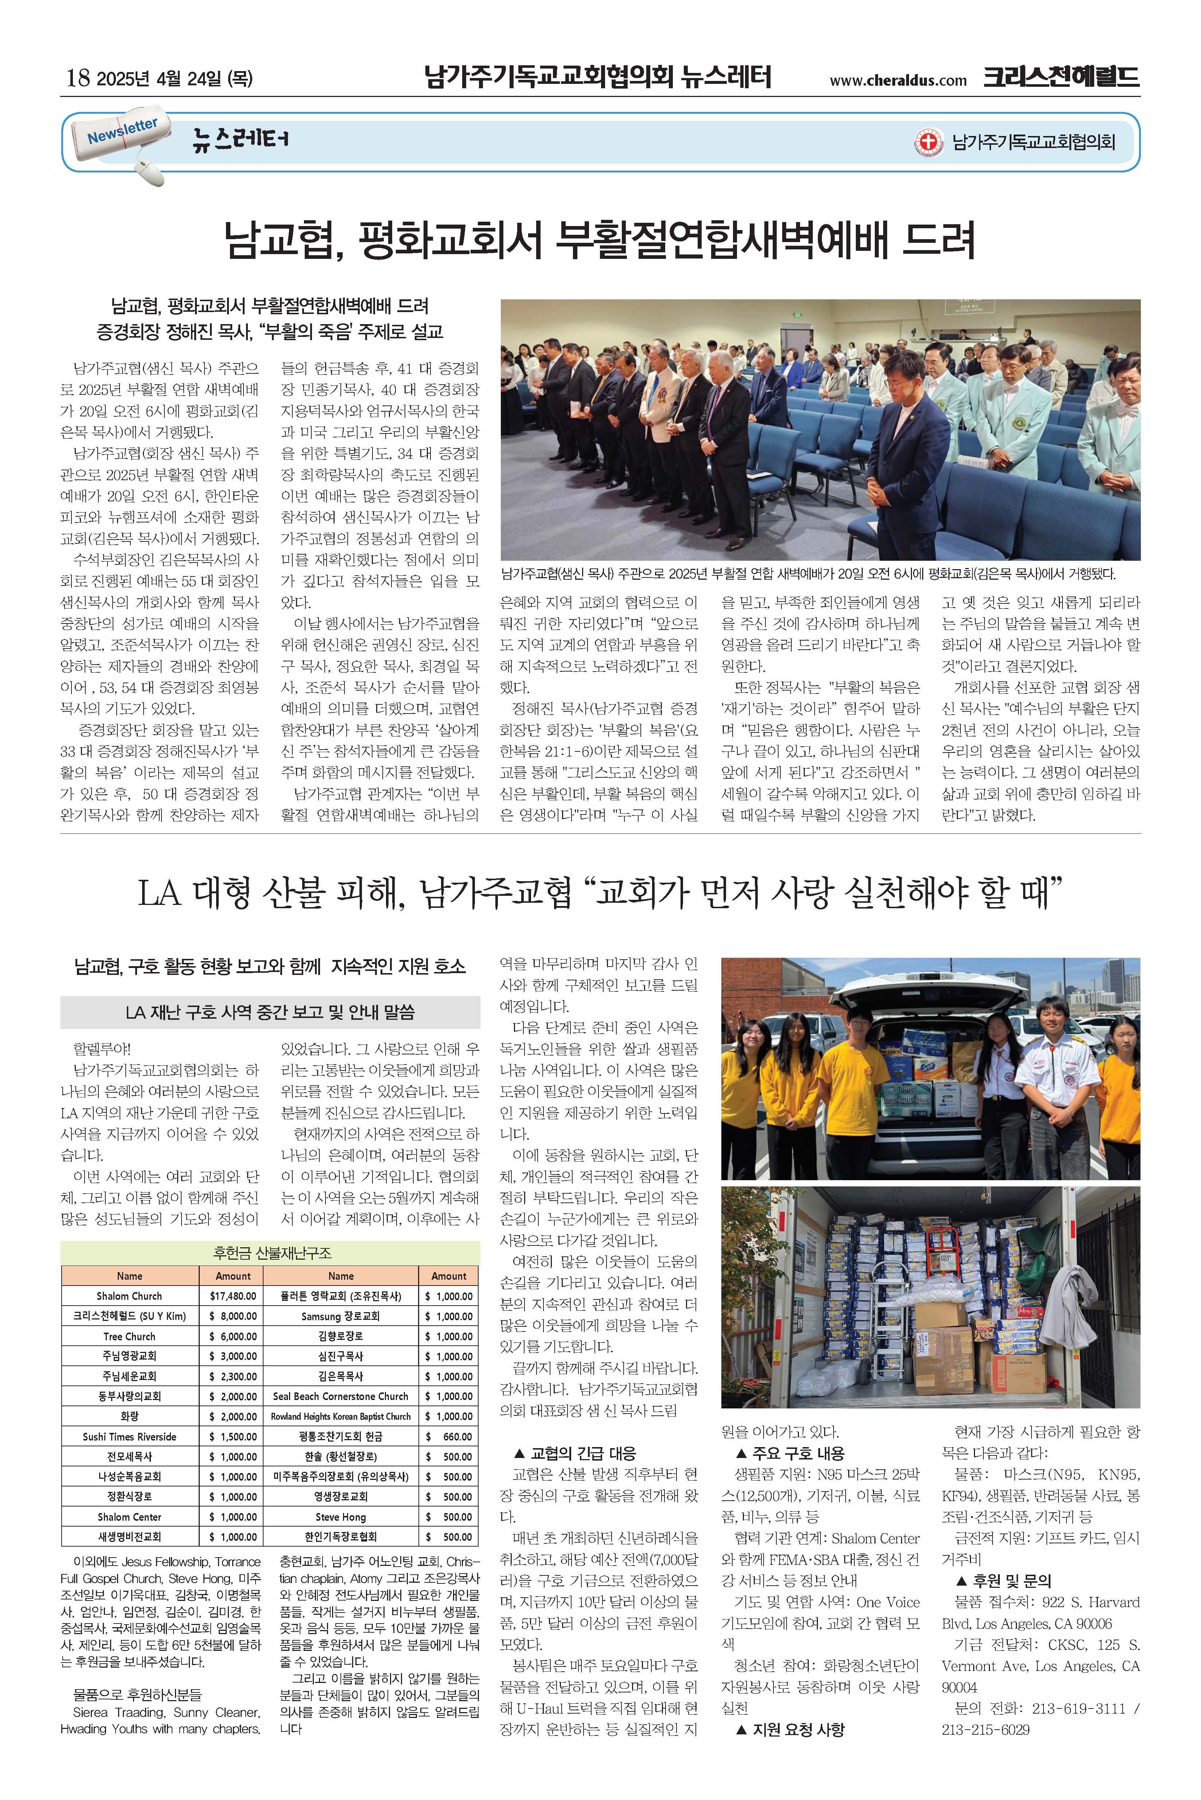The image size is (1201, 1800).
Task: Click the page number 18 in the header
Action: [x=78, y=77]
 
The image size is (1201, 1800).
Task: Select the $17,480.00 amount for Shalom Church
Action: [x=233, y=1296]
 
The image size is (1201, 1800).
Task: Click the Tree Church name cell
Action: [x=129, y=1336]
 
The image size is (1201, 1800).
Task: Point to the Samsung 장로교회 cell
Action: [x=341, y=1316]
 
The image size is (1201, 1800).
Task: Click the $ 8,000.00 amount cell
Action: [x=233, y=1316]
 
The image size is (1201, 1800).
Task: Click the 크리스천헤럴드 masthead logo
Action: [x=1061, y=77]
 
